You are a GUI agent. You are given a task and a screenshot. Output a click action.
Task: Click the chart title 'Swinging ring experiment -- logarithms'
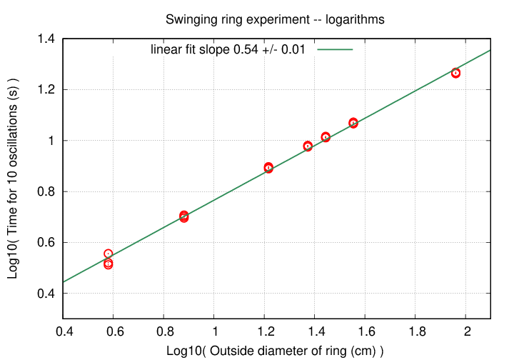pos(275,20)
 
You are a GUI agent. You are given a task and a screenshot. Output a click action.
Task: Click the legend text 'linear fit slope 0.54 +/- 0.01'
pos(229,49)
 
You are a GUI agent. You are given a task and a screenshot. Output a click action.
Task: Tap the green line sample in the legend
pos(336,49)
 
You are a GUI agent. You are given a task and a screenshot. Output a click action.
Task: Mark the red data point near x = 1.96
pos(456,73)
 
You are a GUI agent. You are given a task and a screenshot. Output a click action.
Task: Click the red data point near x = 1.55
pos(353,123)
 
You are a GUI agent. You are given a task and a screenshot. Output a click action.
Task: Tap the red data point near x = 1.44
pos(326,137)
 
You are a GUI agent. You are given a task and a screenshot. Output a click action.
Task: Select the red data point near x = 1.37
pos(308,146)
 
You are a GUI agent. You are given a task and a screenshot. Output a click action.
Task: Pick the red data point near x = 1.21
pos(268,168)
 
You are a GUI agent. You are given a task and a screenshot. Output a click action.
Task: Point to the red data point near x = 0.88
pos(184,216)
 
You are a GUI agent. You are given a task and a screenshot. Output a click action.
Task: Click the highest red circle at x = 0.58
pos(109,254)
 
